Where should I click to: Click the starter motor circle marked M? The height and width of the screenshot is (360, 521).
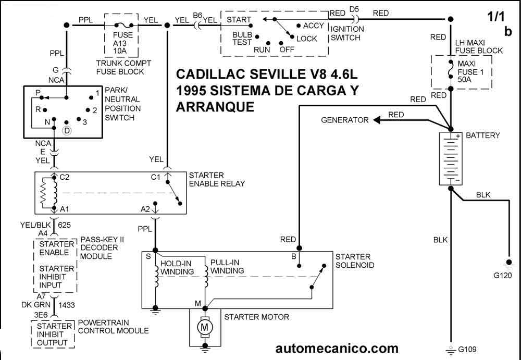[x=205, y=328]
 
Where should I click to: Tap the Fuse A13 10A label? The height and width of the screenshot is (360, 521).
[x=123, y=43]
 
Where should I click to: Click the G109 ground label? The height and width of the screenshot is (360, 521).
[x=466, y=350]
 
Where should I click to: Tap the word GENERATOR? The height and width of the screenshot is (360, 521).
[x=344, y=120]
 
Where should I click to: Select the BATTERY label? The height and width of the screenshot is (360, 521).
[x=482, y=135]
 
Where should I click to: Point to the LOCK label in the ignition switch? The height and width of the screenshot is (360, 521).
[x=306, y=39]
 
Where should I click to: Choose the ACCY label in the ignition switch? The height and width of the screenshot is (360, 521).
[x=314, y=26]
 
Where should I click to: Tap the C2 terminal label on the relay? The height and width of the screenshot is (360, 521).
[x=65, y=177]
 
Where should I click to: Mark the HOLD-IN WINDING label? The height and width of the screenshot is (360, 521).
[x=177, y=268]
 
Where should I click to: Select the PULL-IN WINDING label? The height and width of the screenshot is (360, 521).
[x=227, y=267]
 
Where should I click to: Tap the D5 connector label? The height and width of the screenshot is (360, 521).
[x=354, y=9]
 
